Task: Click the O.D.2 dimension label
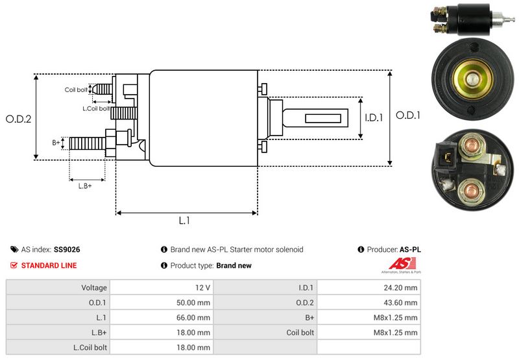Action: tap(19, 119)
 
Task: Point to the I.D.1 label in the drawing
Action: tap(374, 118)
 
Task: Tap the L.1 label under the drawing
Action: tap(184, 221)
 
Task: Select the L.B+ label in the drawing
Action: tap(85, 186)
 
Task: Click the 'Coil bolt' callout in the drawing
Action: tap(75, 90)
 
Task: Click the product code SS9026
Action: tap(67, 249)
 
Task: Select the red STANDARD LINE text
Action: tap(49, 265)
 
